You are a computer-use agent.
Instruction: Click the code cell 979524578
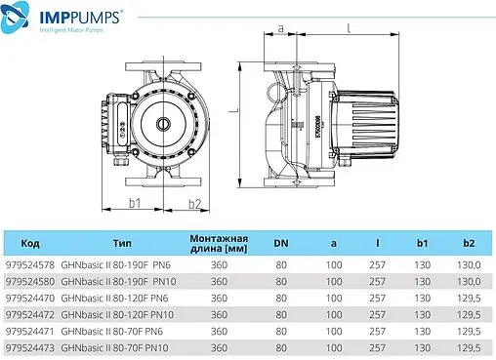click(x=30, y=264)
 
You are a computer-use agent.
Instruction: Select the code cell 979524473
click(x=30, y=346)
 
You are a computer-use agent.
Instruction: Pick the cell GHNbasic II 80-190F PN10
click(x=118, y=281)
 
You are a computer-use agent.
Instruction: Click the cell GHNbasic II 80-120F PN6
click(x=116, y=298)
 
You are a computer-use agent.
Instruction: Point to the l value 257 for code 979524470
click(x=377, y=298)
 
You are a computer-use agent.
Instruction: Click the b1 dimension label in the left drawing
click(x=137, y=203)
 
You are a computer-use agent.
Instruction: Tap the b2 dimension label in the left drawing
click(x=194, y=203)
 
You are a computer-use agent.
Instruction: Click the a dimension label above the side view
click(x=280, y=28)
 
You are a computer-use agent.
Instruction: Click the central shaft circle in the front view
click(x=161, y=124)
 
